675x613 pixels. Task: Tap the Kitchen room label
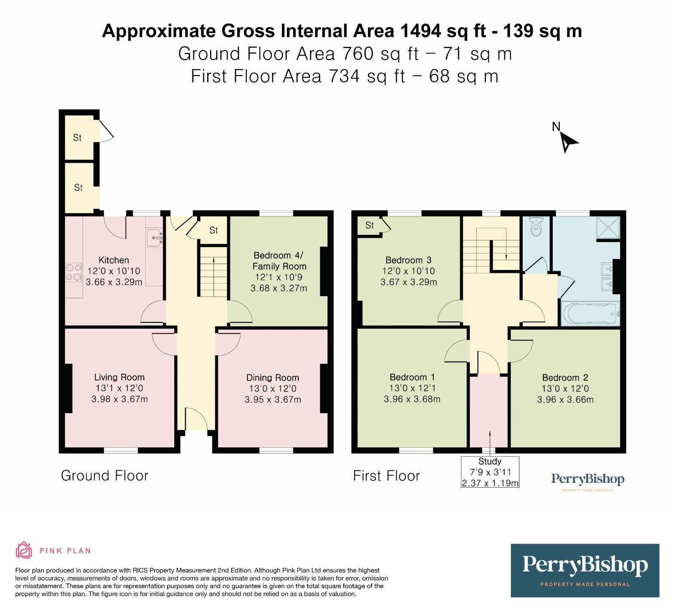pos(113,260)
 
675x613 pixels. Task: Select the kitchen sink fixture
pos(154,237)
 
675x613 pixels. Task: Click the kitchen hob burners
pos(73,272)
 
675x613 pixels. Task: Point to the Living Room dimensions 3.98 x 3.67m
pos(119,399)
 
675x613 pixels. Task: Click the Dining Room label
pos(273,378)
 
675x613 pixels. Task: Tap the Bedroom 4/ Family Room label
pos(279,261)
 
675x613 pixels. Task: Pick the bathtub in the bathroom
pos(590,314)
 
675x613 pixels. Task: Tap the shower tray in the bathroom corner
pos(608,228)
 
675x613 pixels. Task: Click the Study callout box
pos(490,472)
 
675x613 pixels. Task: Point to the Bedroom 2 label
pos(565,378)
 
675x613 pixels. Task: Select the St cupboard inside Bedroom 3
pos(370,226)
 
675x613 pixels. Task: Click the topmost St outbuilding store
pos(78,138)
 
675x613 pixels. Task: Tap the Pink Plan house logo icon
pos(24,550)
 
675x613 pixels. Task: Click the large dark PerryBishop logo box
pos(585,570)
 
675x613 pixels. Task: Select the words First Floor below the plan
pos(386,476)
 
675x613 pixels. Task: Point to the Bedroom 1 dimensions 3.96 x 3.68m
pos(412,399)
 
